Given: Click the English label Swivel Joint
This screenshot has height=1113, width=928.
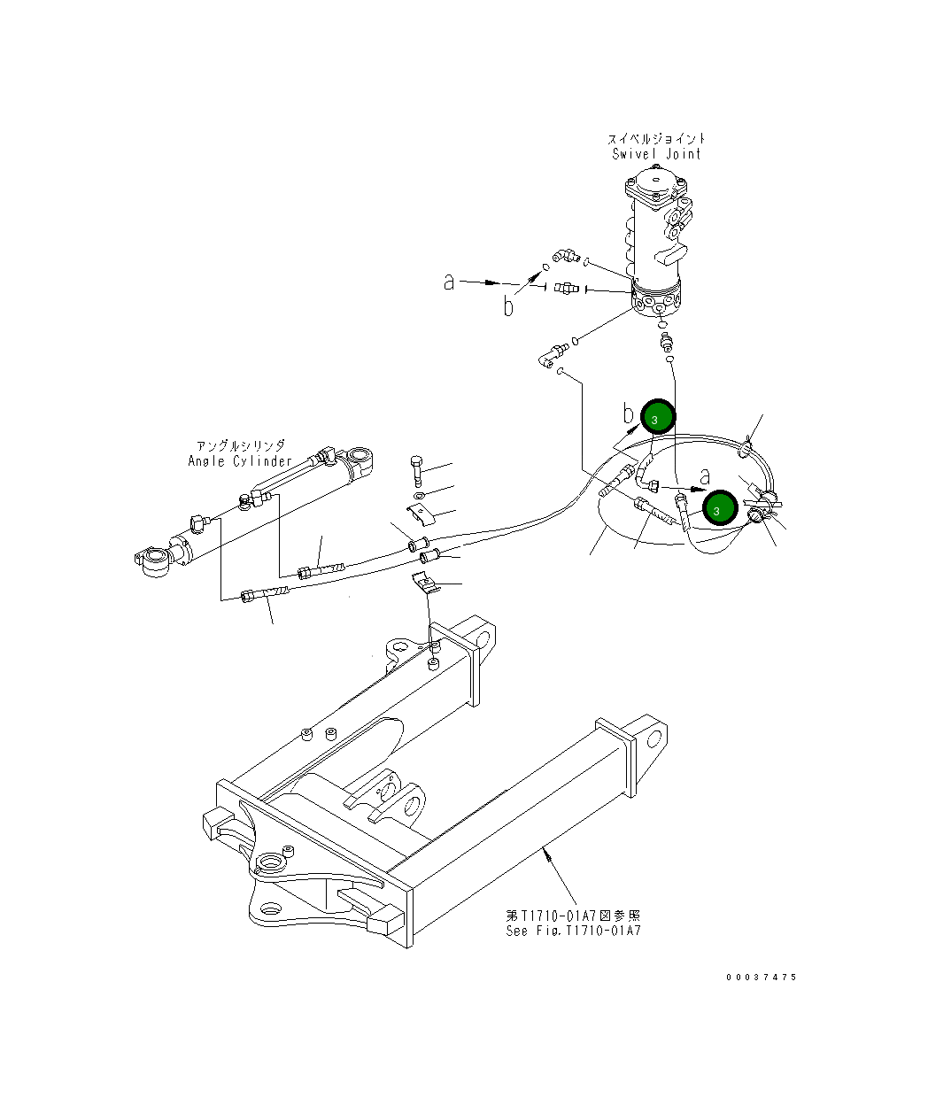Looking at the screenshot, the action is coord(656,154).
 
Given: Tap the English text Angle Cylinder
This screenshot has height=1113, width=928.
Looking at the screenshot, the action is coord(240,461).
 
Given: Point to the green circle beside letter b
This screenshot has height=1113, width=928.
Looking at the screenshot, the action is coord(658,416).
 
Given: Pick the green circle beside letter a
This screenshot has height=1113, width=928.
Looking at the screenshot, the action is coord(720,507).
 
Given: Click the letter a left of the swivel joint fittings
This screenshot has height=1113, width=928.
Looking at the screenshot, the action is coord(449,282).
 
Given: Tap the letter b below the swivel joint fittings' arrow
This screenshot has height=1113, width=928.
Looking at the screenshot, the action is coord(509,306).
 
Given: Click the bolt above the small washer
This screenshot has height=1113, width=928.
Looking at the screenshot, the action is coord(417,470).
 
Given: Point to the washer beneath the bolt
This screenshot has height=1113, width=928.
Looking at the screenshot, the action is coord(420,496).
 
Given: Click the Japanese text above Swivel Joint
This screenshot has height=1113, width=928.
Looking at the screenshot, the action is coord(657,139).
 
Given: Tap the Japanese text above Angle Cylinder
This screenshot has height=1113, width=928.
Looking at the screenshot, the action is coord(241,445).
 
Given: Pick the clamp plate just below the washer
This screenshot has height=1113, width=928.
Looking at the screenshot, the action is coord(421,514).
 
